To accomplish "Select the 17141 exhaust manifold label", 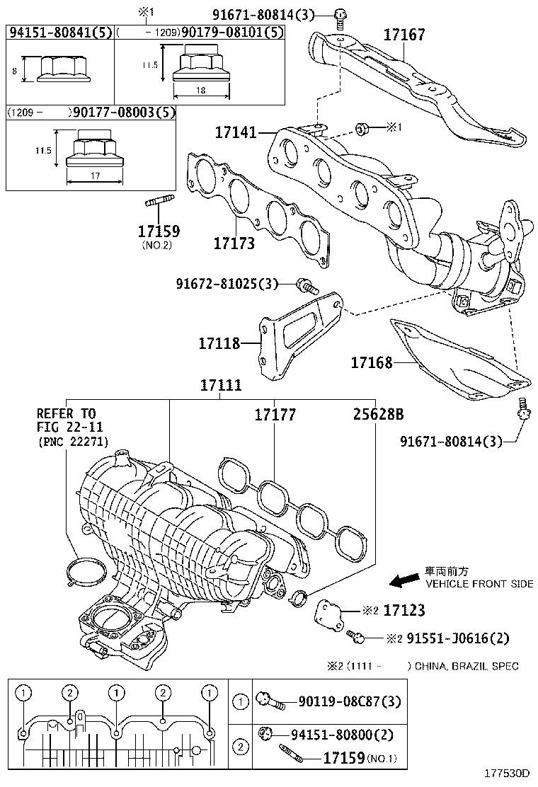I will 236,132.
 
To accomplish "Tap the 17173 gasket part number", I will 234,243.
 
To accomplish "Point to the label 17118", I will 219,343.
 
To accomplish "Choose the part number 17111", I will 220,386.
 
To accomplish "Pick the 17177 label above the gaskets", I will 275,415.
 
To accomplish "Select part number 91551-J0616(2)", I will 447,638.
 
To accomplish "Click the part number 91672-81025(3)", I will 227,284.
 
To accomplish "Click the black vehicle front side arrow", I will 404,580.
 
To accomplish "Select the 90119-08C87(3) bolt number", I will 350,701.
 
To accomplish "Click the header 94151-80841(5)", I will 59,33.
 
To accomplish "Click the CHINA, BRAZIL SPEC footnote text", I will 467,666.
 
